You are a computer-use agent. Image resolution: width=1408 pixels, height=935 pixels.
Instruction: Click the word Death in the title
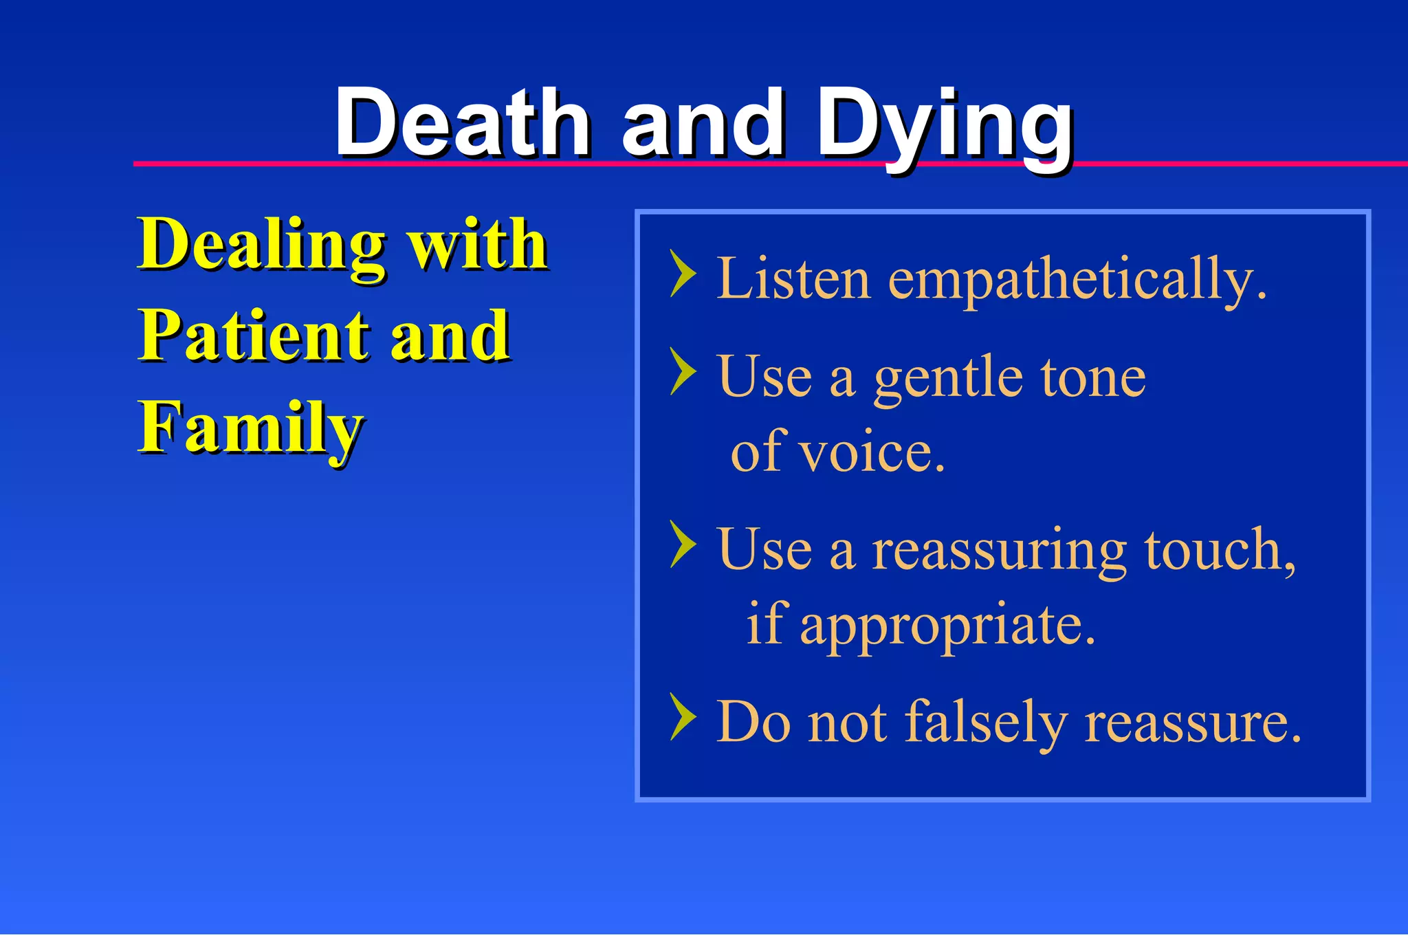click(x=462, y=124)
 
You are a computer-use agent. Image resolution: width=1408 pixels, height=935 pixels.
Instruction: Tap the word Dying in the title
click(x=945, y=127)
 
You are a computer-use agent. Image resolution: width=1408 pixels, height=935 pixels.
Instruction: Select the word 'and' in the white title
click(x=703, y=124)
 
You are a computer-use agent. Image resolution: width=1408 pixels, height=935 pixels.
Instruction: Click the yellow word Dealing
click(x=261, y=246)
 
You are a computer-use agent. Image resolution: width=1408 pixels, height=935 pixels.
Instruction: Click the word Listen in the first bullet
click(x=793, y=278)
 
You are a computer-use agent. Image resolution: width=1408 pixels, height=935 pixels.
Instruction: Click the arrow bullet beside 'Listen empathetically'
click(x=682, y=274)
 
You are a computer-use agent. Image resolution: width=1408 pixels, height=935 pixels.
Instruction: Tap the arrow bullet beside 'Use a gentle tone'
click(x=682, y=371)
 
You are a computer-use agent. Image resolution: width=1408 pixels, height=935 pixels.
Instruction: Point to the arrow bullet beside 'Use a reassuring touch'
click(x=682, y=544)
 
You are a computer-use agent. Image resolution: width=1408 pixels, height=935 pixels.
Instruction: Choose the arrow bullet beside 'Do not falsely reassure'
click(x=682, y=717)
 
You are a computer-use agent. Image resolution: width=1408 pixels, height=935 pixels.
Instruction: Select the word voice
click(x=873, y=452)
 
